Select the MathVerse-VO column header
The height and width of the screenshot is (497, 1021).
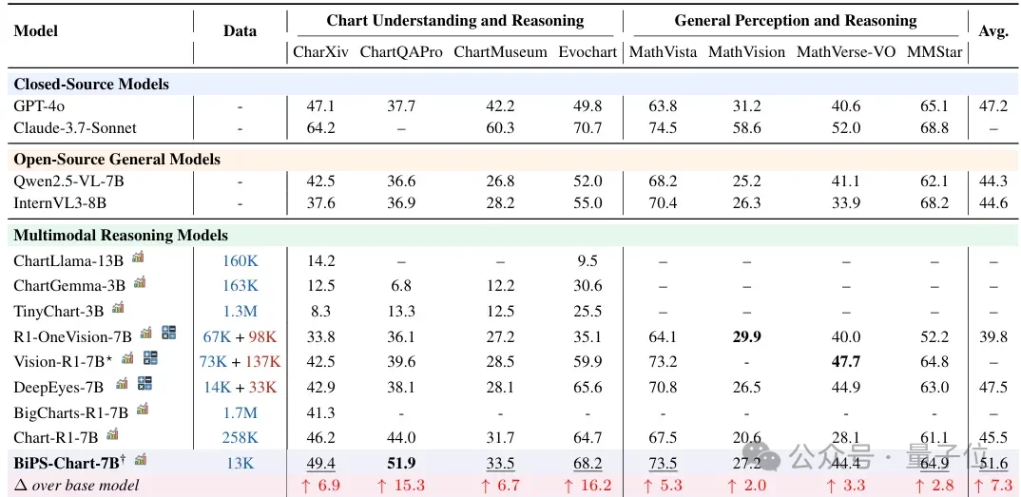coord(845,52)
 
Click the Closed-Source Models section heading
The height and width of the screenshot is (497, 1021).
coord(91,84)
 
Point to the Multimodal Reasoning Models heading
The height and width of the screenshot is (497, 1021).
coord(121,235)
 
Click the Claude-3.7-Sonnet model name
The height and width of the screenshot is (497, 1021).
coord(75,127)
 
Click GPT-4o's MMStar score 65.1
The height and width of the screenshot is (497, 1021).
coord(934,106)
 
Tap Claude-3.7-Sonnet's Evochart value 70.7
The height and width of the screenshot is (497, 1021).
coord(588,127)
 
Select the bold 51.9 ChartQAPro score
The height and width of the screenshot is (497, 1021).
coord(400,463)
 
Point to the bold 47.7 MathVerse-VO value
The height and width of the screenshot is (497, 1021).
coord(845,361)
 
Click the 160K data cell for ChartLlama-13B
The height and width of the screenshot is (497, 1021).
coord(240,260)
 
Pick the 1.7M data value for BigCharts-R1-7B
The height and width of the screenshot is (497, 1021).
coord(240,412)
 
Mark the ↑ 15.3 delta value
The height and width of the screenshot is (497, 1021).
coord(400,486)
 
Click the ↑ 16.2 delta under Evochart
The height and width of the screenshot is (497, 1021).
coord(588,486)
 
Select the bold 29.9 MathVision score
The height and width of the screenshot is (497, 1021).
coord(746,336)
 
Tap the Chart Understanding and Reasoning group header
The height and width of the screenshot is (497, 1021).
coord(455,20)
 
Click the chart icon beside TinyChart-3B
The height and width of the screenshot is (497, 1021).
coord(119,307)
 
